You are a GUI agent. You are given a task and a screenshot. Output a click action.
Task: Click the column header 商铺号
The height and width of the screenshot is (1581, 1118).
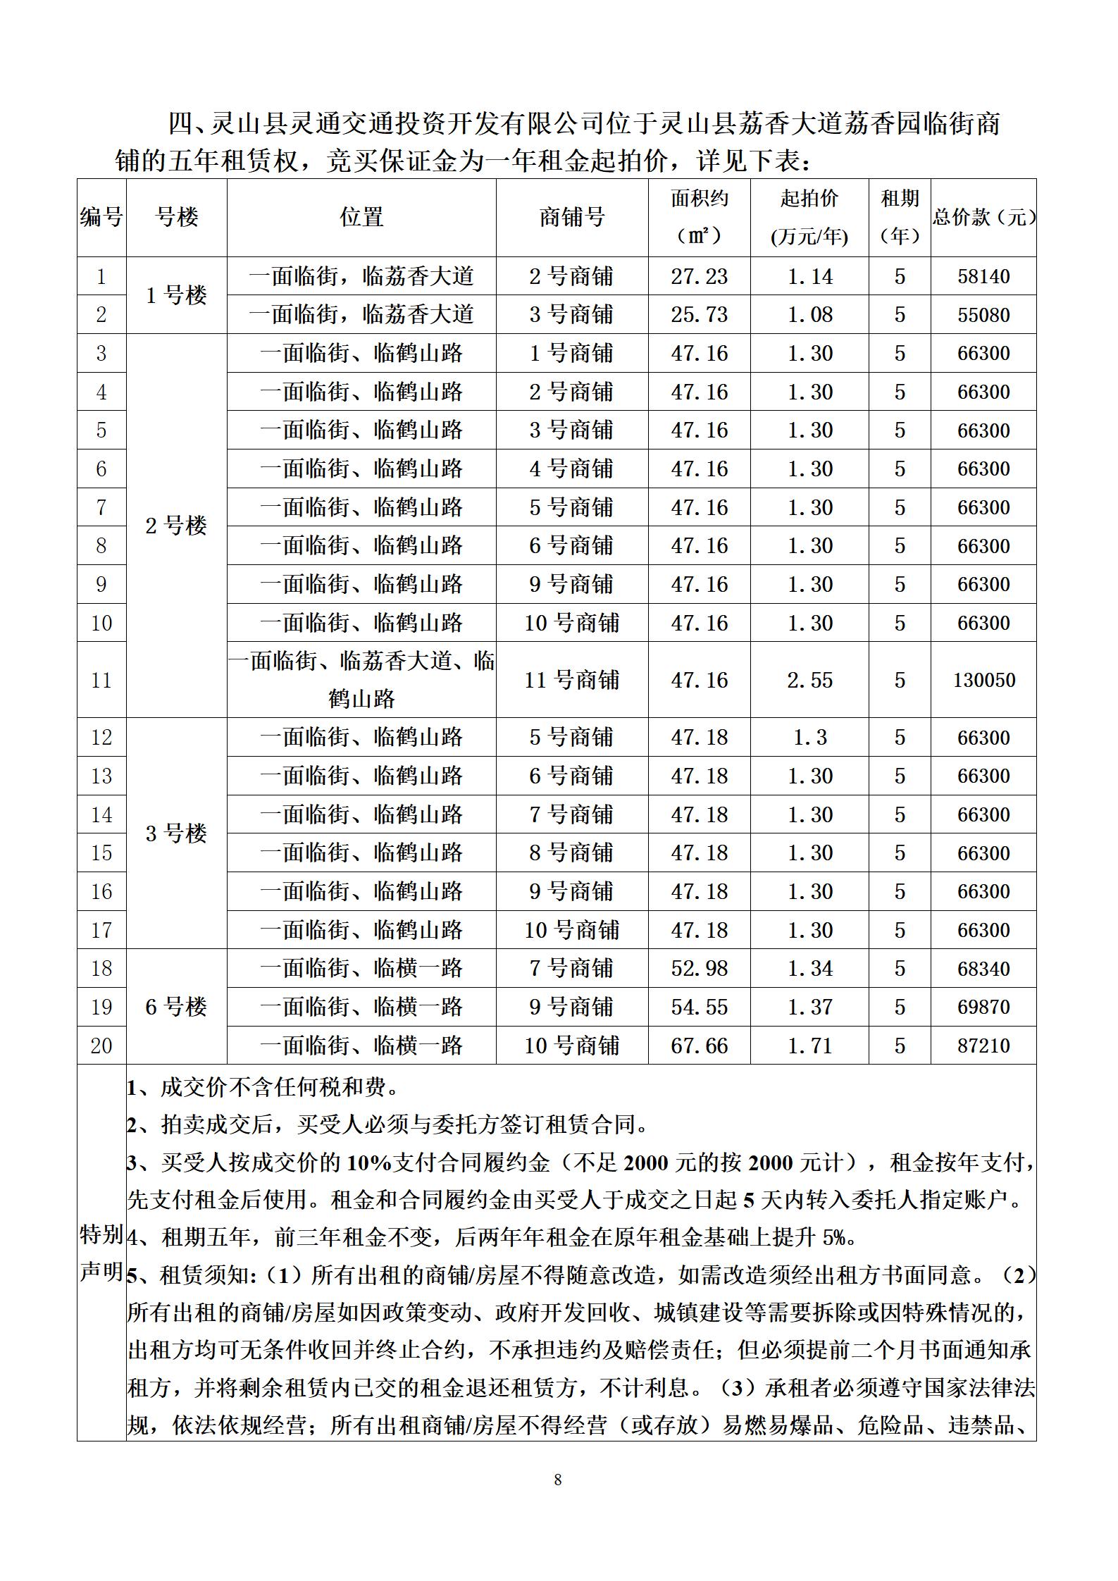[571, 217]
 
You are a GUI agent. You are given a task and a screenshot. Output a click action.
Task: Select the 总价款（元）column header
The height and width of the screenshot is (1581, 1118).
[984, 217]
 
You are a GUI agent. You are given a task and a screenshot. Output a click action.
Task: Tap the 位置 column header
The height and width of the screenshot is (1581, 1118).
[361, 217]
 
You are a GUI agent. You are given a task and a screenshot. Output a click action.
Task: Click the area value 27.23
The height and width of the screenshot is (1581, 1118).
[699, 276]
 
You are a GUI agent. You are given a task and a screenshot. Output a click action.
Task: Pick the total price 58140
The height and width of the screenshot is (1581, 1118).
[983, 276]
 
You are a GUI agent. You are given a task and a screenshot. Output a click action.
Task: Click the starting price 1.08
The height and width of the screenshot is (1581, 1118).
[809, 315]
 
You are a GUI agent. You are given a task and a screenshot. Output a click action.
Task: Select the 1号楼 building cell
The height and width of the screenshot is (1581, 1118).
[176, 295]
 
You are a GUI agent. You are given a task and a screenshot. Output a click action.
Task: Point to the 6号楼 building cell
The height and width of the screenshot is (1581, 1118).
[176, 1007]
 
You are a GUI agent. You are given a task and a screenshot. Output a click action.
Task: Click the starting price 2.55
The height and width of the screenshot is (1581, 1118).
[809, 680]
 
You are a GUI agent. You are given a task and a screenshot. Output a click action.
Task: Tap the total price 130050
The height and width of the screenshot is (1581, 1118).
[983, 680]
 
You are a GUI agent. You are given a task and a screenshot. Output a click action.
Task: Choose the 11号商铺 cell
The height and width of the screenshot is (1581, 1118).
[571, 680]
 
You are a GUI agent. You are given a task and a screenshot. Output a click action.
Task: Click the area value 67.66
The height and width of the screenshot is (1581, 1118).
[699, 1046]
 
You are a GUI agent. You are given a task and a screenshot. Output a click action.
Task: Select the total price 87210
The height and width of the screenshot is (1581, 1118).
[983, 1046]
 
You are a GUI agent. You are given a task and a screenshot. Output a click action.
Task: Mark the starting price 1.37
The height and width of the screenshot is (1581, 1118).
[809, 1007]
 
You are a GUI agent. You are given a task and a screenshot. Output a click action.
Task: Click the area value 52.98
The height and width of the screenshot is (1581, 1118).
[699, 969]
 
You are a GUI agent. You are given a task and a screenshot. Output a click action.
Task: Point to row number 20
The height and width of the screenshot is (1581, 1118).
[101, 1046]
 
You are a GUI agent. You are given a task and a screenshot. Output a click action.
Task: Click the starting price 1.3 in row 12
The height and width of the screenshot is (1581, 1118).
[809, 738]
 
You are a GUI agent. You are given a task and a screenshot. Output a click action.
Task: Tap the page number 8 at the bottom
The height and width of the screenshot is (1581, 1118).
[558, 1480]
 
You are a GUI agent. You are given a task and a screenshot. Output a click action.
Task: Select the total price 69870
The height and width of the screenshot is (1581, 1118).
[983, 1007]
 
